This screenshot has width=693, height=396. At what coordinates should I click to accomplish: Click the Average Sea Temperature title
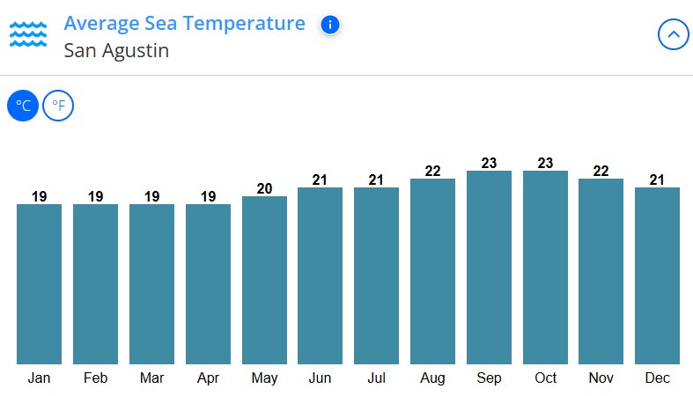pos(185,24)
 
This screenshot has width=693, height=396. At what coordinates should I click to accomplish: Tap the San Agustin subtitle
pos(116,51)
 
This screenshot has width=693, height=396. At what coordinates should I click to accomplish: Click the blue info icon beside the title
pos(330,25)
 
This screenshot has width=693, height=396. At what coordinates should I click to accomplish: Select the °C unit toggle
pos(23,106)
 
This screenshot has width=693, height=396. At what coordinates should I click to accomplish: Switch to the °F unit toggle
pos(58,106)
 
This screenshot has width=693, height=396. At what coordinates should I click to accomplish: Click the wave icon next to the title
pos(28,35)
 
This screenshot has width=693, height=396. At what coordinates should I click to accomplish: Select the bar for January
pos(39,283)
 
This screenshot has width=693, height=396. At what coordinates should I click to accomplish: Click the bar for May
pos(264,280)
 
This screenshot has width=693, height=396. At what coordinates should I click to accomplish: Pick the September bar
pos(489,267)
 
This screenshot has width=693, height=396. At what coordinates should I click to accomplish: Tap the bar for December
pos(657,275)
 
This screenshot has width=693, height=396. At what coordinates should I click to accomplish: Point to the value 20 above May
pos(264,188)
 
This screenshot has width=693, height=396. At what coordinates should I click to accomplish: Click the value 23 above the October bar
pos(545,163)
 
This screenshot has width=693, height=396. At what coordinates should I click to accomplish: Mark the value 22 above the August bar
pos(432,172)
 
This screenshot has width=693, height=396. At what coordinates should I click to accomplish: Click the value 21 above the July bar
pos(376,180)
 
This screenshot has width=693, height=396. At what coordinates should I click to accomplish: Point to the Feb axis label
pos(95,378)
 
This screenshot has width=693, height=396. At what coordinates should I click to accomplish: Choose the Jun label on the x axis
pos(320,378)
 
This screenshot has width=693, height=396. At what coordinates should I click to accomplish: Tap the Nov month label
pos(601,378)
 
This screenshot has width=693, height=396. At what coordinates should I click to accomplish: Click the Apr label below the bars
pos(208,378)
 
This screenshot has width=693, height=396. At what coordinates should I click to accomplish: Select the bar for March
pos(151,283)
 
